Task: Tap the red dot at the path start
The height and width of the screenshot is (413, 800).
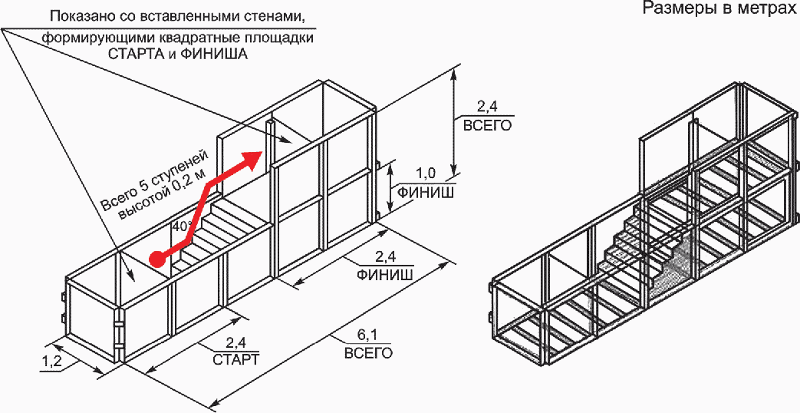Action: [x=159, y=258]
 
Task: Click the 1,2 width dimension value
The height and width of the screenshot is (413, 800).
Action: [x=51, y=362]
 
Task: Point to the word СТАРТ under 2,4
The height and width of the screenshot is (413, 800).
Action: [x=235, y=359]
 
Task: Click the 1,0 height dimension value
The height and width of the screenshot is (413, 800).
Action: [x=425, y=173]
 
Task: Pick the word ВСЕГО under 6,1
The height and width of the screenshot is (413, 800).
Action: [x=368, y=353]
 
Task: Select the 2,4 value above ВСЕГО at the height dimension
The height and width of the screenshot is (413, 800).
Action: [x=487, y=107]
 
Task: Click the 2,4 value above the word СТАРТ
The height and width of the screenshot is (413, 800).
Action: [x=236, y=342]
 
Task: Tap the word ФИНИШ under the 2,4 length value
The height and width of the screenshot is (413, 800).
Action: [x=386, y=274]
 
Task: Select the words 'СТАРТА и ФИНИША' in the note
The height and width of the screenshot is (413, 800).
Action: [x=177, y=54]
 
